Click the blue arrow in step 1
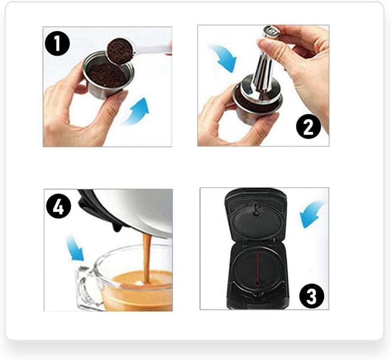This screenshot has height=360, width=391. [x=137, y=112]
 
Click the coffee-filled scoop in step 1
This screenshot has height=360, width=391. [x=120, y=51]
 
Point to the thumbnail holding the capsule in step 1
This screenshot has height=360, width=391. [x=121, y=95]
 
